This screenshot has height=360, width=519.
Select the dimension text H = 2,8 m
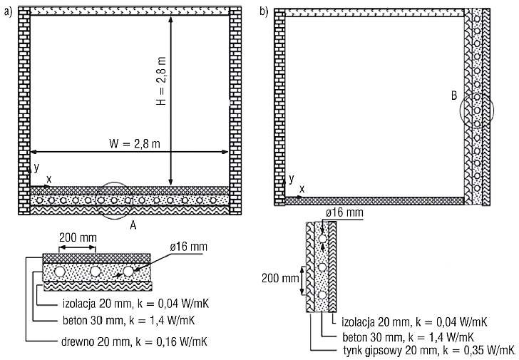click(x=161, y=81)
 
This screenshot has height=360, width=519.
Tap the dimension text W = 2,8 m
click(x=135, y=143)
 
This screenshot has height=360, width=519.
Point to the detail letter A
click(x=133, y=225)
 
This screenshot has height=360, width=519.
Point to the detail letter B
click(x=454, y=96)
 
